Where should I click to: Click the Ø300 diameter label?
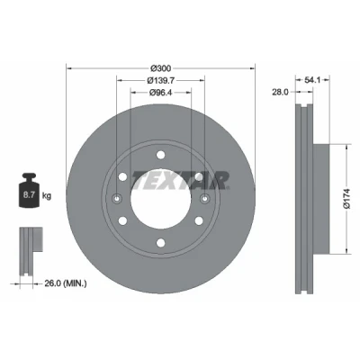tap(160, 68)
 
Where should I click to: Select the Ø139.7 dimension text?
tap(161, 80)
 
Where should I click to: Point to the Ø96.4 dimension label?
tap(160, 93)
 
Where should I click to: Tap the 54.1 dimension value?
tap(313, 80)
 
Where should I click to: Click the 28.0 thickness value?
tap(280, 92)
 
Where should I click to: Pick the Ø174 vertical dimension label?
tap(347, 198)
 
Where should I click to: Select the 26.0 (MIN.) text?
tap(66, 283)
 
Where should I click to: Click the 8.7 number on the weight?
tap(29, 195)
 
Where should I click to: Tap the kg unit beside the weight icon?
tap(47, 196)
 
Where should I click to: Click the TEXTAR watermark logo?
tap(180, 181)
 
